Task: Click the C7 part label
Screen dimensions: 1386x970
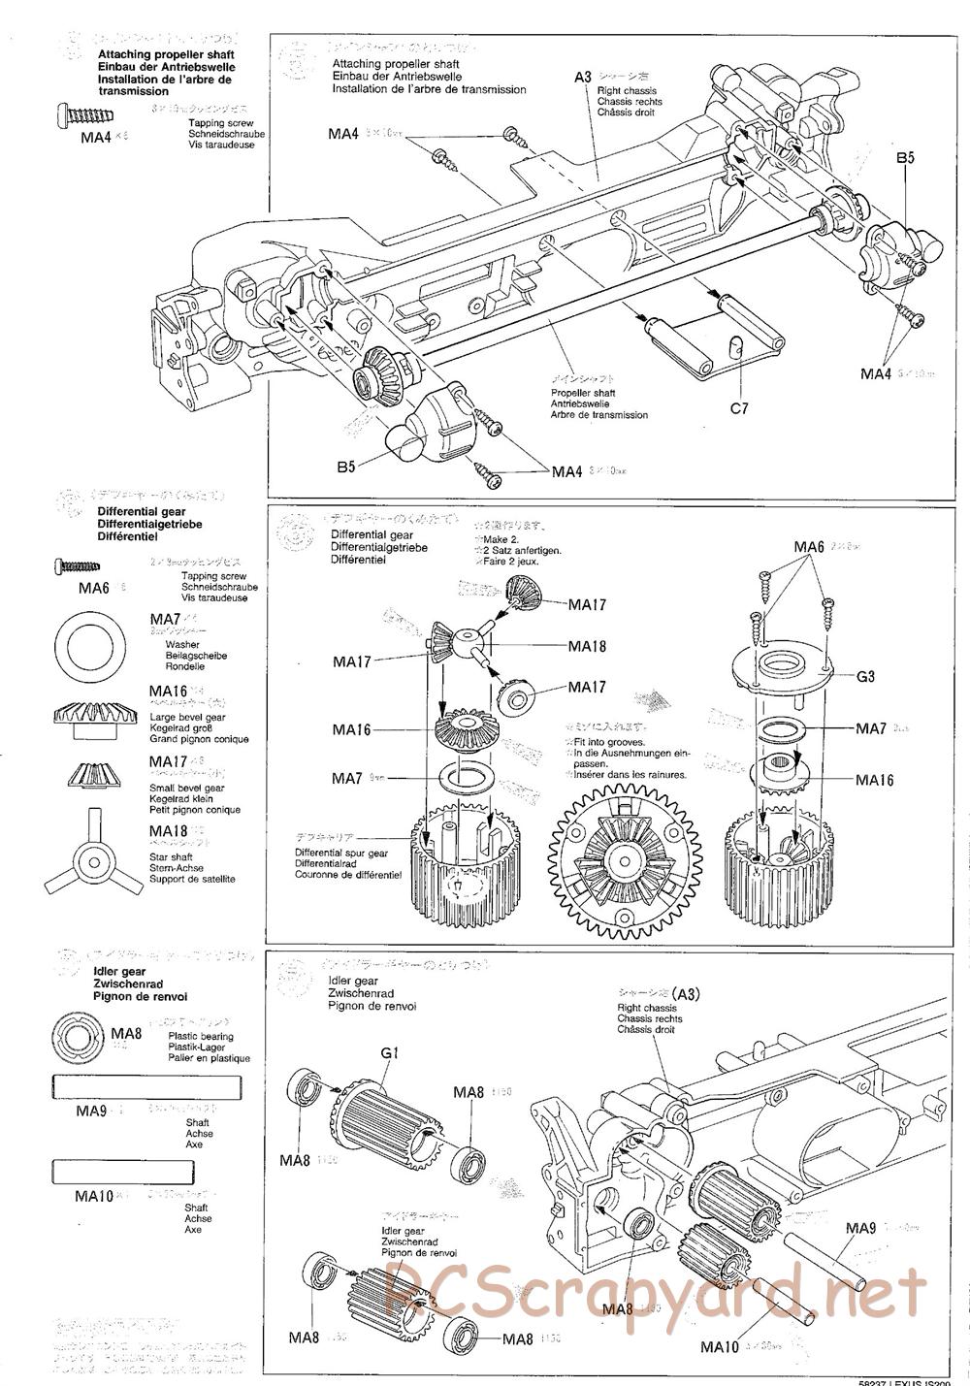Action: pyautogui.click(x=739, y=408)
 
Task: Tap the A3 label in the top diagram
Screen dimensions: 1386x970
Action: pyautogui.click(x=582, y=77)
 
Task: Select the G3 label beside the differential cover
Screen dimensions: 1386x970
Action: pyautogui.click(x=865, y=677)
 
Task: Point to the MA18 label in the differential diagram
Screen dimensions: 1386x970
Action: pyautogui.click(x=587, y=647)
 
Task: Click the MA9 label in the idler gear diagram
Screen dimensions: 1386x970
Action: pyautogui.click(x=860, y=1228)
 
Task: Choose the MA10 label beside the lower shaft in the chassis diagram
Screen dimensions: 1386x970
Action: pyautogui.click(x=720, y=1345)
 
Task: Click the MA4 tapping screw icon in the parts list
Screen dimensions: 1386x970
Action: pyautogui.click(x=79, y=114)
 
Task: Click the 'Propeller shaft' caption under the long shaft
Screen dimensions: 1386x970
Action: pyautogui.click(x=582, y=393)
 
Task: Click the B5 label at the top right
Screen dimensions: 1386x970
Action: pyautogui.click(x=905, y=157)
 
